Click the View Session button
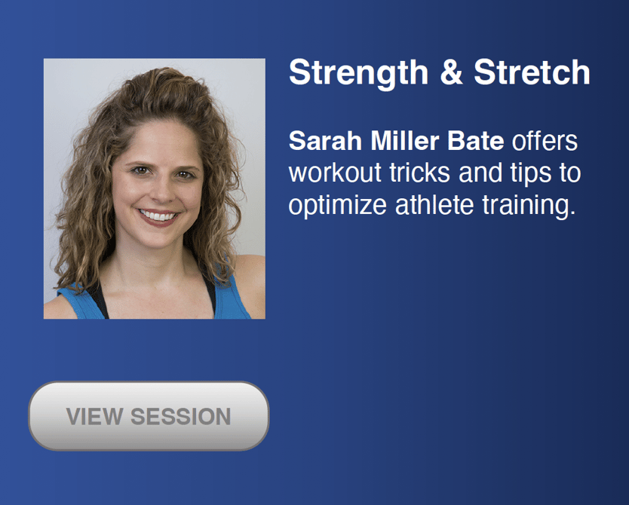click(149, 416)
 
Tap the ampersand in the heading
click(451, 72)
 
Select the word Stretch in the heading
click(532, 72)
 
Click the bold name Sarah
click(325, 141)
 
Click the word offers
click(545, 141)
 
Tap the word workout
click(335, 173)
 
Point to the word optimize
click(337, 207)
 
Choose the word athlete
click(434, 204)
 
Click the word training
click(529, 207)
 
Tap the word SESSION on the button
click(181, 416)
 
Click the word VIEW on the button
click(95, 416)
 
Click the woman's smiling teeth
click(158, 216)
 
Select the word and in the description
click(480, 173)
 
